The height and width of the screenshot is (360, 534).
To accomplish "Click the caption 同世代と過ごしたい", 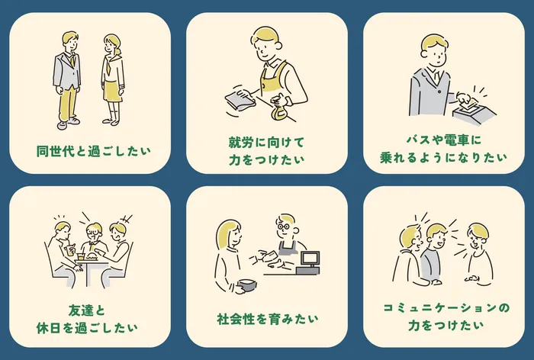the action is pyautogui.click(x=93, y=151).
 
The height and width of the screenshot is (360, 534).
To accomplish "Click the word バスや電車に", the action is pyautogui.click(x=444, y=140).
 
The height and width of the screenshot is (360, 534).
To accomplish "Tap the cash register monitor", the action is pyautogui.click(x=310, y=258).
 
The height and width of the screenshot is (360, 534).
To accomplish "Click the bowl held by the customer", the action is pyautogui.click(x=247, y=285).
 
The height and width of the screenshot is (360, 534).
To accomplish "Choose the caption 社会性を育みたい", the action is pyautogui.click(x=267, y=319).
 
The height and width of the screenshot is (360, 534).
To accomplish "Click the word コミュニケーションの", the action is pyautogui.click(x=446, y=308).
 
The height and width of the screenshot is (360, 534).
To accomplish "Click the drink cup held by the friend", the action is pyautogui.click(x=70, y=250).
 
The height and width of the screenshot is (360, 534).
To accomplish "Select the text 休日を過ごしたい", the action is pyautogui.click(x=87, y=328).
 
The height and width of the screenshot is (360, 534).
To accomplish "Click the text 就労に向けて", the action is pyautogui.click(x=267, y=142).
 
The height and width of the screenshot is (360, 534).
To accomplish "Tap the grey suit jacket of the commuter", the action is pyautogui.click(x=429, y=92).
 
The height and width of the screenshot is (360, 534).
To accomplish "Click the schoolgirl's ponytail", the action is pyautogui.click(x=117, y=52).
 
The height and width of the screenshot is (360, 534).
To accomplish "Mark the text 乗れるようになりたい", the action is pyautogui.click(x=443, y=157).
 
